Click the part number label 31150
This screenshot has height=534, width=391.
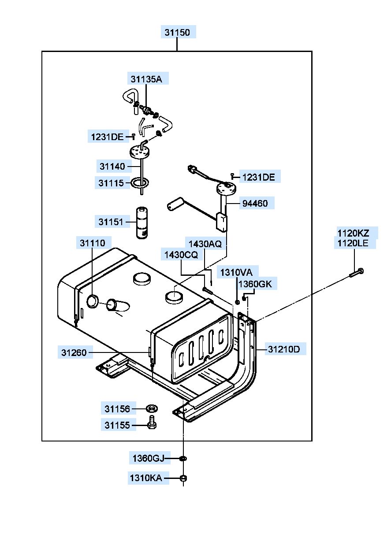pos(177,33)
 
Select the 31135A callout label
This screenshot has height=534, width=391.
pos(146,79)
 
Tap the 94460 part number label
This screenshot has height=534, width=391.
pos(255,204)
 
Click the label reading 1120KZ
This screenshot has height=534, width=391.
pos(353,233)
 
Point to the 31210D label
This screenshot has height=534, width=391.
pos(284,349)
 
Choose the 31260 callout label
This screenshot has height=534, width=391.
pos(74,352)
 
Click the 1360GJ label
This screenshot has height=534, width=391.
pos(149,458)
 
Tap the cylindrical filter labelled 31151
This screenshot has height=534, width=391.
pos(142,222)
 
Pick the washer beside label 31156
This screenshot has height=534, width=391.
pos(152,408)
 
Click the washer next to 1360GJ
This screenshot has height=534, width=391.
pos(183,458)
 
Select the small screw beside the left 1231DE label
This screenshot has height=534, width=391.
pos(134,137)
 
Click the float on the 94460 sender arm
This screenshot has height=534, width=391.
pos(175,204)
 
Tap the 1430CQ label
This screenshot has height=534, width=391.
pos(181,255)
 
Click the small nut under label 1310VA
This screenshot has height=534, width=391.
pos(237,302)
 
